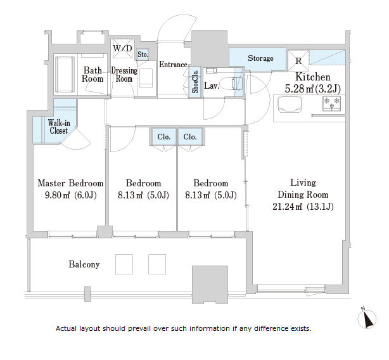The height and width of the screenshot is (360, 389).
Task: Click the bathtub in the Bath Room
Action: pyautogui.click(x=65, y=74)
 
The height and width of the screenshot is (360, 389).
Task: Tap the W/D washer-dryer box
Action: pyautogui.click(x=122, y=48)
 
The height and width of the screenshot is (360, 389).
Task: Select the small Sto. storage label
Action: pyautogui.click(x=143, y=55)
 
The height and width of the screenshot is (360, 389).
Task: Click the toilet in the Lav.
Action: pyautogui.click(x=230, y=84)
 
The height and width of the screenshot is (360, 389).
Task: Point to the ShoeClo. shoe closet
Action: pyautogui.click(x=195, y=81)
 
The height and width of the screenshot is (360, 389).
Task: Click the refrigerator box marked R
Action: pyautogui.click(x=298, y=61)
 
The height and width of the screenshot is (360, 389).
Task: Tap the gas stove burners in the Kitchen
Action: pyautogui.click(x=332, y=103)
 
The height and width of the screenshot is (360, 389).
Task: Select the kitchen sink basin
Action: pyautogui.click(x=290, y=104)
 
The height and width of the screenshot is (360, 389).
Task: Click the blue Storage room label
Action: pyautogui.click(x=260, y=58)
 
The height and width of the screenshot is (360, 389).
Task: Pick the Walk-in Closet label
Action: pyautogui.click(x=59, y=127)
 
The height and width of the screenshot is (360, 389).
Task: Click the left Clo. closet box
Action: pyautogui.click(x=163, y=136)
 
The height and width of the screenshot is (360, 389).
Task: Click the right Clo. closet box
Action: pyautogui.click(x=190, y=136)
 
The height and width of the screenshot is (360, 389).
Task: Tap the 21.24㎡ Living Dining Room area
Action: pyautogui.click(x=287, y=207)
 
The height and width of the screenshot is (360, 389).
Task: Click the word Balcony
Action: pyautogui.click(x=84, y=264)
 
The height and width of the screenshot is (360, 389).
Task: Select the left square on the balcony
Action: pyautogui.click(x=124, y=264)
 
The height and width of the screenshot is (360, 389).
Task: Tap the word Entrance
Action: pyautogui.click(x=173, y=65)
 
